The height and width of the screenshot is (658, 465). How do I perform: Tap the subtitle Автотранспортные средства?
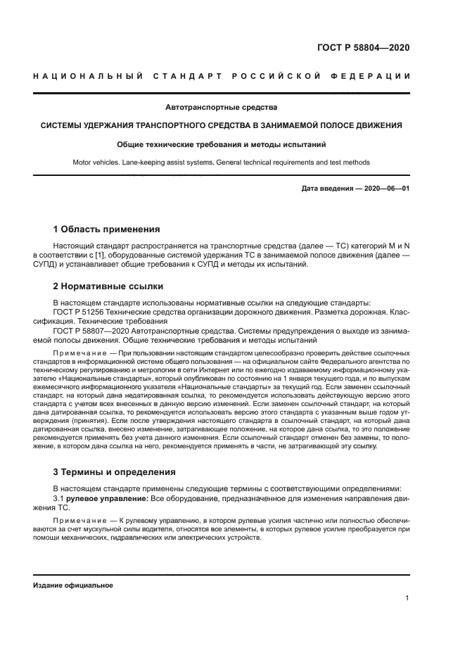(x=220, y=108)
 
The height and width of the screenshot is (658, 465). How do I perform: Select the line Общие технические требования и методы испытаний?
(x=220, y=144)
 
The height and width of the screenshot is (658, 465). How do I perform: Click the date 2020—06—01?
(x=386, y=189)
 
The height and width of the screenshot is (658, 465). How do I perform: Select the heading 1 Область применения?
(x=107, y=229)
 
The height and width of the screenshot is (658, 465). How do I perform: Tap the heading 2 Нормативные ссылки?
(x=108, y=286)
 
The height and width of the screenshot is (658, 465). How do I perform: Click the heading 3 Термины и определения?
(x=115, y=472)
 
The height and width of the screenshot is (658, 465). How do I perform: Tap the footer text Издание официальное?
(x=72, y=586)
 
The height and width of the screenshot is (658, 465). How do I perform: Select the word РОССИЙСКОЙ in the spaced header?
(x=267, y=76)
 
